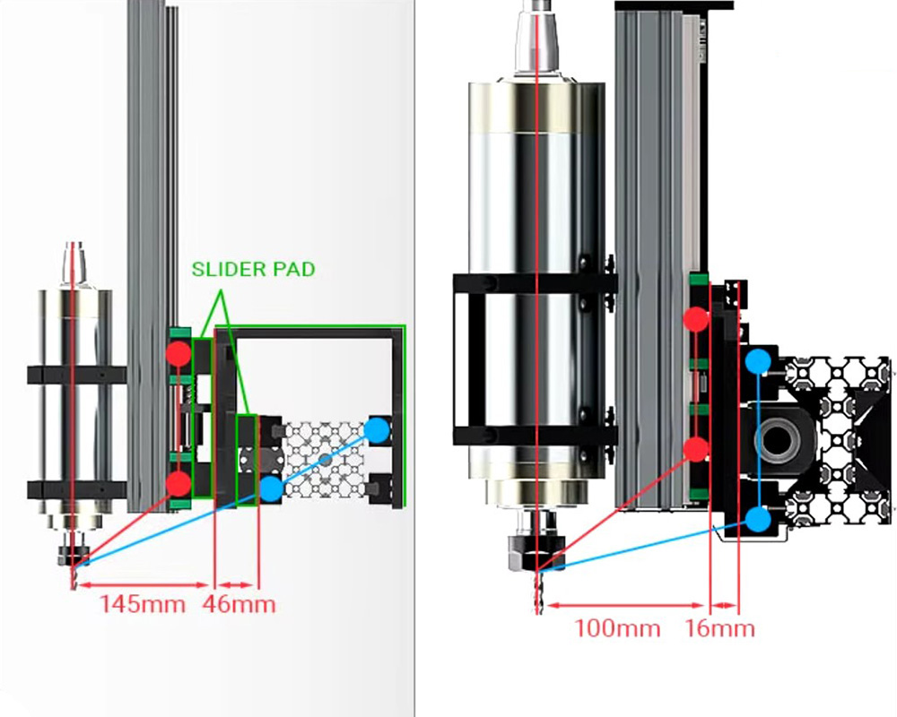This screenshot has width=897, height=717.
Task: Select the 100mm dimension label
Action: (x=617, y=627)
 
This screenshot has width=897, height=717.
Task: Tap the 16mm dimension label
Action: (x=720, y=627)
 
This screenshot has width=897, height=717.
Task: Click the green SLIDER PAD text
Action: (x=253, y=269)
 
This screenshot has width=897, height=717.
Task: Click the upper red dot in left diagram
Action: (x=179, y=352)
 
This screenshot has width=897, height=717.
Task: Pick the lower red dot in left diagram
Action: (x=179, y=484)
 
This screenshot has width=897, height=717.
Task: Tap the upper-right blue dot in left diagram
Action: (x=378, y=430)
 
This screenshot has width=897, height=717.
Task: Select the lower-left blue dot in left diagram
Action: (x=270, y=488)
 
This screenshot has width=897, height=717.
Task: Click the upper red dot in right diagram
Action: (x=696, y=318)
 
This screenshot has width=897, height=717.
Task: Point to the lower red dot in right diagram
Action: (x=696, y=448)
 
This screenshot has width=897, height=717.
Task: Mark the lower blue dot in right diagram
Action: (x=759, y=518)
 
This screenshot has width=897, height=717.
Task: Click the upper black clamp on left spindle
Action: (x=76, y=375)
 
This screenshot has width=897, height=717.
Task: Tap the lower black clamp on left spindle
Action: (x=76, y=489)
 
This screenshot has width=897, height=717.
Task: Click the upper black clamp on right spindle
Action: (x=535, y=285)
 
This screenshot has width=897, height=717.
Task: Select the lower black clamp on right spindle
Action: (x=535, y=436)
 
